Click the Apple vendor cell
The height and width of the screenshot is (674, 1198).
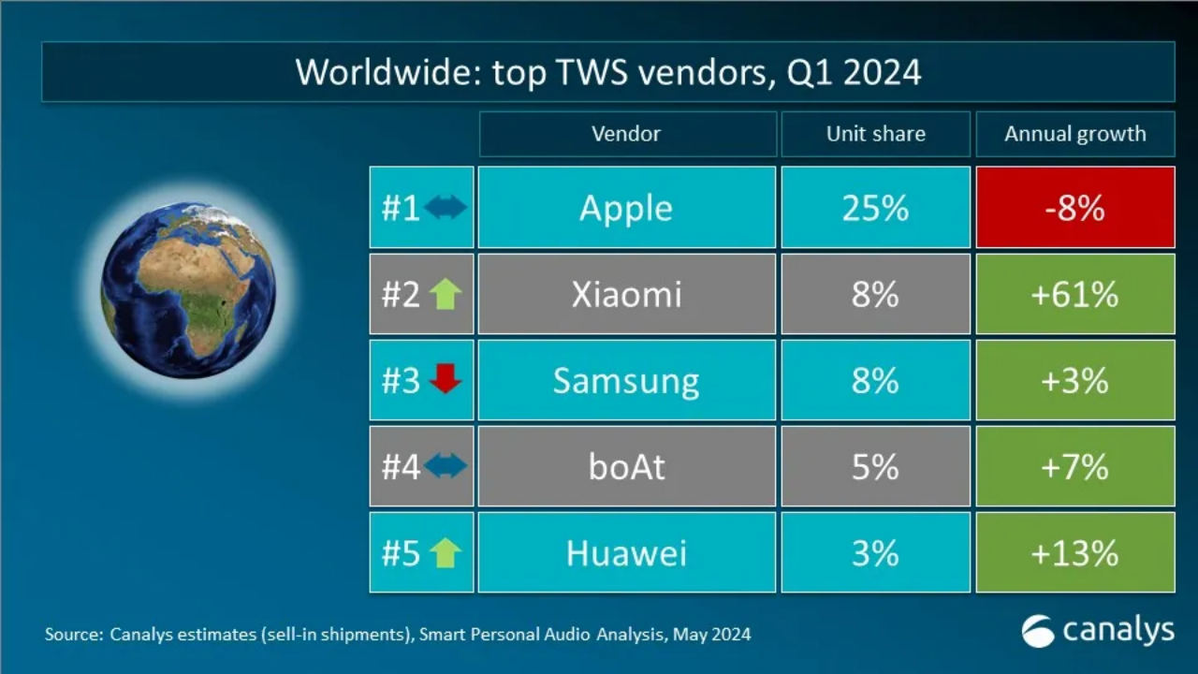point(626,208)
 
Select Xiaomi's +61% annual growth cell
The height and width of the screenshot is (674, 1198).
point(1074,295)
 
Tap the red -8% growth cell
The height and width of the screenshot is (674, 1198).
point(1074,208)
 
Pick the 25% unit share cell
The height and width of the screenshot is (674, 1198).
point(875,208)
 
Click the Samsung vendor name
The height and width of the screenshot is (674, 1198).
point(626,381)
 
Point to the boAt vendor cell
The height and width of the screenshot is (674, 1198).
point(626,466)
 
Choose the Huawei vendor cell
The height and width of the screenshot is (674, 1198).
point(626,553)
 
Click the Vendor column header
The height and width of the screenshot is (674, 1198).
point(626,134)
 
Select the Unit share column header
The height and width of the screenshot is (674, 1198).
point(875,134)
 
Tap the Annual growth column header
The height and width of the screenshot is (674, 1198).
point(1074,134)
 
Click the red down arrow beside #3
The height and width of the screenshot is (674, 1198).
point(446,379)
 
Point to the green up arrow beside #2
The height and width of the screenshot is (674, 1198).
point(446,294)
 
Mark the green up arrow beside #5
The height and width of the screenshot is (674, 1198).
point(446,553)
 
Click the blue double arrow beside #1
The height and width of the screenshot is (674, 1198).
point(446,208)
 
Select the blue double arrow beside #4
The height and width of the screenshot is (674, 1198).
point(446,466)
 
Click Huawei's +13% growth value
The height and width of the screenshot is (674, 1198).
point(1074,553)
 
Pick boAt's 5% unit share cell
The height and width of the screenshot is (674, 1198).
point(875,466)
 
